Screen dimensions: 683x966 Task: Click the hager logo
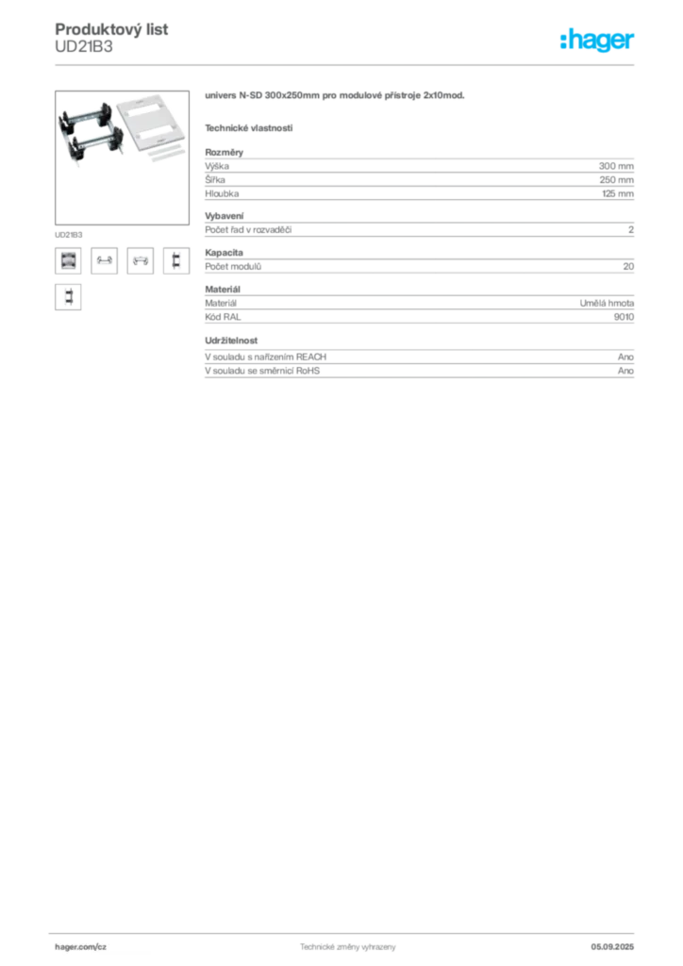[x=597, y=40]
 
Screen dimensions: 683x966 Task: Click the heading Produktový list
[x=111, y=29]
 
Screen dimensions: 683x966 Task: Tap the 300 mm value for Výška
[x=616, y=166]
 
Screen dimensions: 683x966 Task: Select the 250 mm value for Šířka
[x=616, y=180]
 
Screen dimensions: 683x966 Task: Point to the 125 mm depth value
[x=618, y=193]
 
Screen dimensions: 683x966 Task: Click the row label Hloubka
[x=222, y=193]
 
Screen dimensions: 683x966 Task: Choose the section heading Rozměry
[x=225, y=152]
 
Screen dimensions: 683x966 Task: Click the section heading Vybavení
[x=225, y=216]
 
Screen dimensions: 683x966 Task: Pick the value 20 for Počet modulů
[x=628, y=266]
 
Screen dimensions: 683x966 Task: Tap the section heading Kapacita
[x=225, y=252]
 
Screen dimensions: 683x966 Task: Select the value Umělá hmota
[x=607, y=303]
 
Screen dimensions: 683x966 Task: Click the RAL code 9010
[x=624, y=317]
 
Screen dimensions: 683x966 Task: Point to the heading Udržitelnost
[x=231, y=340]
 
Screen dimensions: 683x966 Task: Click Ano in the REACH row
[x=625, y=357]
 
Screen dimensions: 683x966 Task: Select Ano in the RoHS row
[x=625, y=370]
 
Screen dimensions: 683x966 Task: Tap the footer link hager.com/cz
[x=81, y=947]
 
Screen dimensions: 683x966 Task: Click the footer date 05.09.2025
[x=612, y=947]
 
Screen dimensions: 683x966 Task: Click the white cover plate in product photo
[x=152, y=121]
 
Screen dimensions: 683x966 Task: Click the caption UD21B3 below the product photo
[x=68, y=235]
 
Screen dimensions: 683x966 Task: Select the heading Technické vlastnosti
[x=249, y=128]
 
